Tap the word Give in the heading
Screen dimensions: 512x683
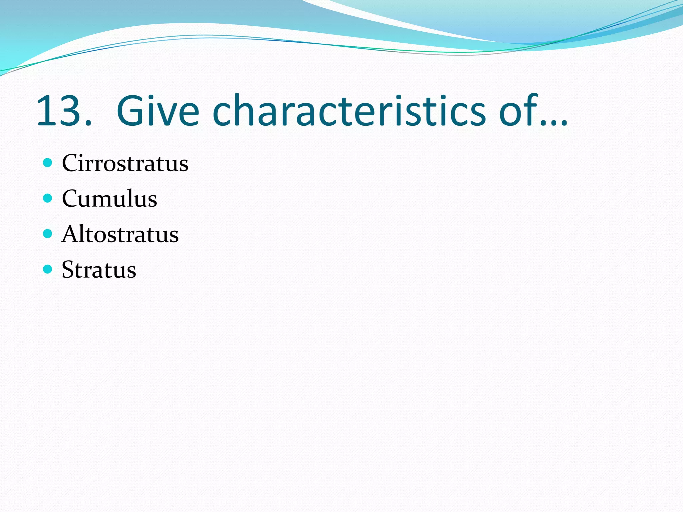pyautogui.click(x=158, y=111)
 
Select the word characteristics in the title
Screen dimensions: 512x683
pyautogui.click(x=349, y=111)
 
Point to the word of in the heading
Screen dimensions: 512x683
pyautogui.click(x=519, y=111)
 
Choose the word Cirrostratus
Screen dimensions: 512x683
pyautogui.click(x=125, y=163)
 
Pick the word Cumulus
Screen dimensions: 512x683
pyautogui.click(x=109, y=199)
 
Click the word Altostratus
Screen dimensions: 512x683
pyautogui.click(x=120, y=234)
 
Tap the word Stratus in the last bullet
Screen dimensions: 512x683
pyautogui.click(x=99, y=269)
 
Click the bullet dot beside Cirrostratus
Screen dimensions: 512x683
pyautogui.click(x=48, y=163)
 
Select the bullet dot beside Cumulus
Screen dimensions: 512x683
pyautogui.click(x=48, y=198)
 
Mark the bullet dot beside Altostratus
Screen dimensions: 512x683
pyautogui.click(x=48, y=233)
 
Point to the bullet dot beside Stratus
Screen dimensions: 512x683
pyautogui.click(x=48, y=269)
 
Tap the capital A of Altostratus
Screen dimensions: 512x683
pyautogui.click(x=70, y=234)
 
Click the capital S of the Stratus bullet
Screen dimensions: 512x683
pyautogui.click(x=68, y=269)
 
